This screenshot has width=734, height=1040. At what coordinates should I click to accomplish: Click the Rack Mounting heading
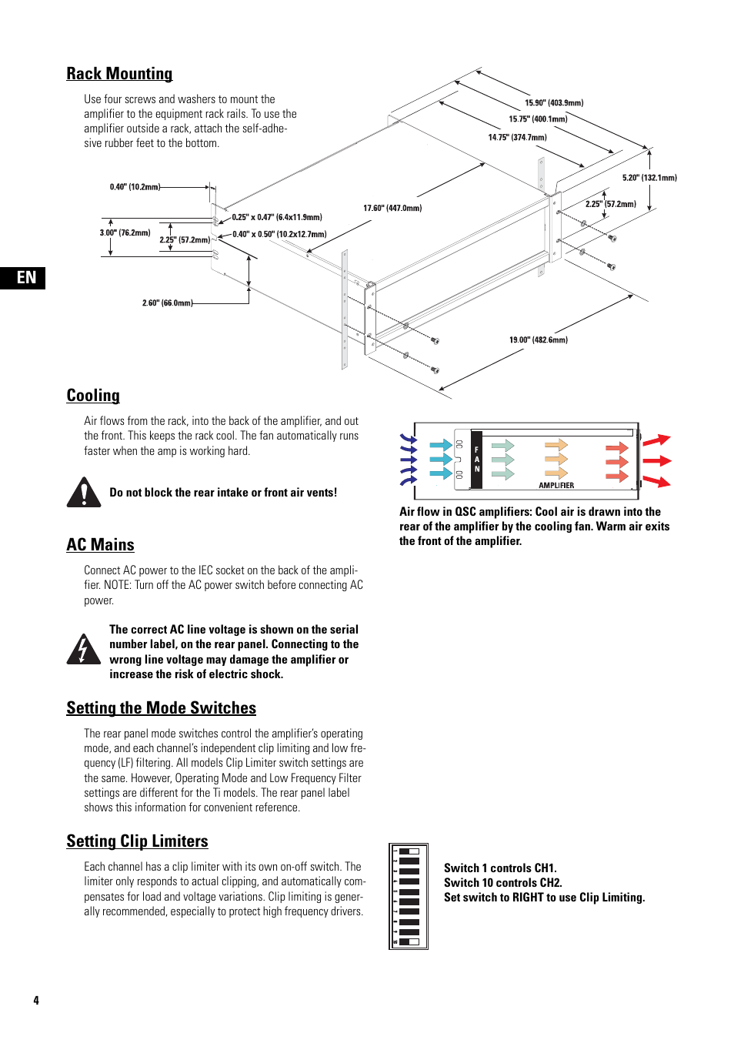coord(119,74)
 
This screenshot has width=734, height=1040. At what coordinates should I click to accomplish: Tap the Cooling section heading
coord(93,396)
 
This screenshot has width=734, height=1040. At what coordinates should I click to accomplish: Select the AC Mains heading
coord(100,545)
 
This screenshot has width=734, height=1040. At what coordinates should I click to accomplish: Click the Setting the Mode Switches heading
coord(161,708)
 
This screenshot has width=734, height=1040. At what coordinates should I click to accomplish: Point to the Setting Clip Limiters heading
coord(137,841)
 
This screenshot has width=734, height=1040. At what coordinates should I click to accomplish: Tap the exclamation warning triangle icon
coord(84,493)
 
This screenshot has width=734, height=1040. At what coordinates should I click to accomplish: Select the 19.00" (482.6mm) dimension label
coord(538,339)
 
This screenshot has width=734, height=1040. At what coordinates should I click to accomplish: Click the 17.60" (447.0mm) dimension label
coord(392,208)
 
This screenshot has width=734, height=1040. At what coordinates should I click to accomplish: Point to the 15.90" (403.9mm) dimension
coord(554,102)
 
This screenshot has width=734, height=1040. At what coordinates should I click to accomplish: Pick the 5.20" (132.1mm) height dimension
coord(649,178)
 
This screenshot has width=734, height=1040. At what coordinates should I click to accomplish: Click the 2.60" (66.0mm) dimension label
coord(167,303)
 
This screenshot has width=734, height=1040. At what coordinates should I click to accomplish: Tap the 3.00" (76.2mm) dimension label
coord(125,232)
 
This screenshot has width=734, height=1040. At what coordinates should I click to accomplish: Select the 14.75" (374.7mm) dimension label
coord(517,137)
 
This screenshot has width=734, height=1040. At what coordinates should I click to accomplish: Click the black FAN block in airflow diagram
coord(476,460)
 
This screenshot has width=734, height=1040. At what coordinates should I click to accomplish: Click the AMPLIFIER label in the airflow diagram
coord(556,486)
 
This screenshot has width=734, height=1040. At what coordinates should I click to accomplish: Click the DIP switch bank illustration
coord(409,897)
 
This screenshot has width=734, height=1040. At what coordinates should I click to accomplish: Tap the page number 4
coord(36,1001)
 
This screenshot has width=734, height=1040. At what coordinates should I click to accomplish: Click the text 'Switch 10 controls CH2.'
coord(502,883)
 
